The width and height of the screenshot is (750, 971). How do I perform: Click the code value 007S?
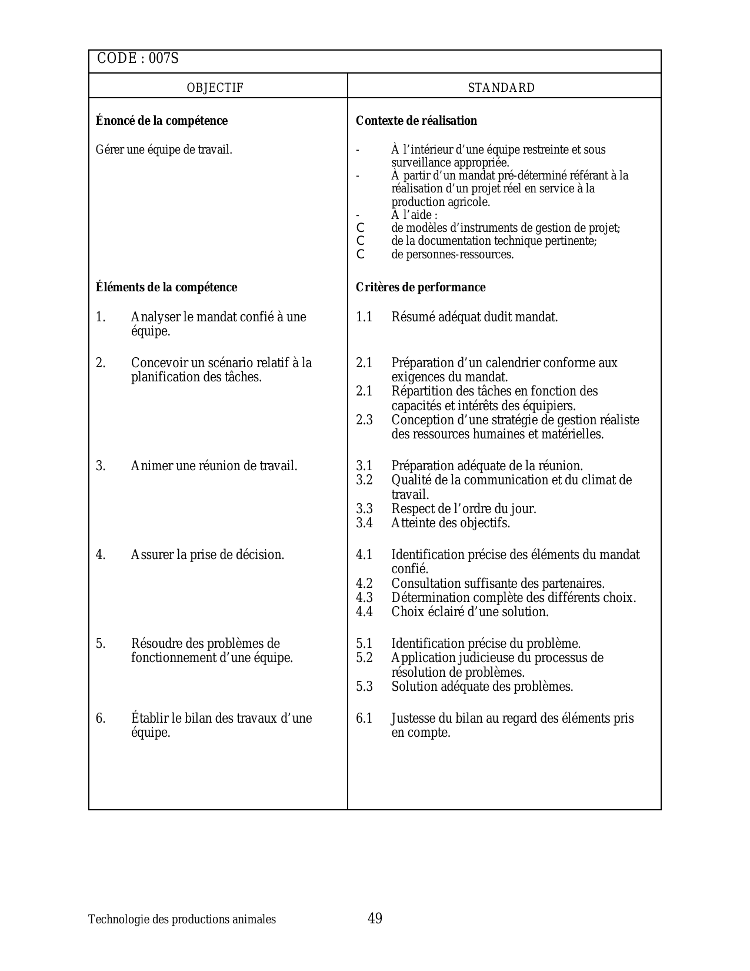[x=164, y=59]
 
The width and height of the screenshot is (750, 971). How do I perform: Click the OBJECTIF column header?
[x=215, y=88]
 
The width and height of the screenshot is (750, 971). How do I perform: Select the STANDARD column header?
[x=501, y=88]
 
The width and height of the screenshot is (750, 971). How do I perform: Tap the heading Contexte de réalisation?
[x=416, y=121]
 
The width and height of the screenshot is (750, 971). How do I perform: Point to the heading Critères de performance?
[x=421, y=287]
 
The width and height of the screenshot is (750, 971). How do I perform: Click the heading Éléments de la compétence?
[x=166, y=287]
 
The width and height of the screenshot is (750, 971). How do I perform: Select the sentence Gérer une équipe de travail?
[x=164, y=149]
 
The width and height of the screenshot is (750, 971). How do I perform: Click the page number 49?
[x=375, y=918]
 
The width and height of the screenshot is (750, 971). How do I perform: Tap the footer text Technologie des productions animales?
[x=182, y=919]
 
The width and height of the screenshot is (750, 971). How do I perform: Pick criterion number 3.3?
[x=364, y=508]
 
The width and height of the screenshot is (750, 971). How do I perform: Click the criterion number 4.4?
[x=364, y=611]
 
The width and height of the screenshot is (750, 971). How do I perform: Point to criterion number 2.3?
[x=364, y=420]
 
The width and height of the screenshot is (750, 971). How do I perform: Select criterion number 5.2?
[x=364, y=657]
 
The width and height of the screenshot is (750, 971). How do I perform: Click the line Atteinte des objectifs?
[x=451, y=523]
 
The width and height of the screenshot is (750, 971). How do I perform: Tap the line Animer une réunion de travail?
[x=214, y=466]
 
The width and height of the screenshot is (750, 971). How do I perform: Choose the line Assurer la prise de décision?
[x=208, y=554]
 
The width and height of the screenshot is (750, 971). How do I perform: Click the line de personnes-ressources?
[x=452, y=254]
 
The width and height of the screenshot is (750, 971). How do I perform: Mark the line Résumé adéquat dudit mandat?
[x=475, y=317]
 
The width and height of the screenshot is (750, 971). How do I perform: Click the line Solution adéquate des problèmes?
[x=482, y=686]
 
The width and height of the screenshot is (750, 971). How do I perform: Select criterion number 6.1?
[x=364, y=718]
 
